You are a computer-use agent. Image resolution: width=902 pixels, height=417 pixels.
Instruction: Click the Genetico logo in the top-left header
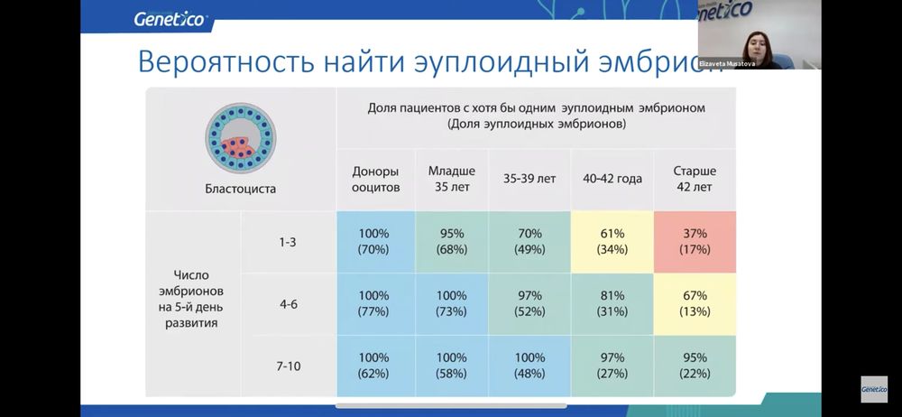point(170,18)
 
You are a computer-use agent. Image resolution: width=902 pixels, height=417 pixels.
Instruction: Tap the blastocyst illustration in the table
point(240,138)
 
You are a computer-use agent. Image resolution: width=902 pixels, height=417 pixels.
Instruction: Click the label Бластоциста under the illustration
point(240,190)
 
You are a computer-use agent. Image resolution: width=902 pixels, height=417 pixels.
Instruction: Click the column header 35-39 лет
point(529,179)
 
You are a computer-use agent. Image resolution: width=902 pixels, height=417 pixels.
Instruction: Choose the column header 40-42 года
point(612,179)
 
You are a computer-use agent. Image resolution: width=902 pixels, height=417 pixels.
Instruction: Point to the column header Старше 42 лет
point(693,179)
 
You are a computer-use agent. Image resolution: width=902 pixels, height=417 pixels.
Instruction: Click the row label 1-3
point(288,242)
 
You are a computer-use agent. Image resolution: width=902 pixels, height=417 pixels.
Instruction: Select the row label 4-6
point(288,304)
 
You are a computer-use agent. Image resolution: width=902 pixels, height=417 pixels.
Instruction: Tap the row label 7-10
point(288,366)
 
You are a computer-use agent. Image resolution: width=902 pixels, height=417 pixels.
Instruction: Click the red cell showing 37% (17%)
point(694,241)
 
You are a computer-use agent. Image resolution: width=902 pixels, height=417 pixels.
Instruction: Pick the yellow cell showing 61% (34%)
point(612,241)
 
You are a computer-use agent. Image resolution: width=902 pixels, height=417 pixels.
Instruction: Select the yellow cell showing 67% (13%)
point(694,303)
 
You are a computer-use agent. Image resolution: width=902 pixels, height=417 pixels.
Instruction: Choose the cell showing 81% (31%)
point(612,303)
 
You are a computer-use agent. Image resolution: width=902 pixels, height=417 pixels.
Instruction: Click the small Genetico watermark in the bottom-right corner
point(873,389)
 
